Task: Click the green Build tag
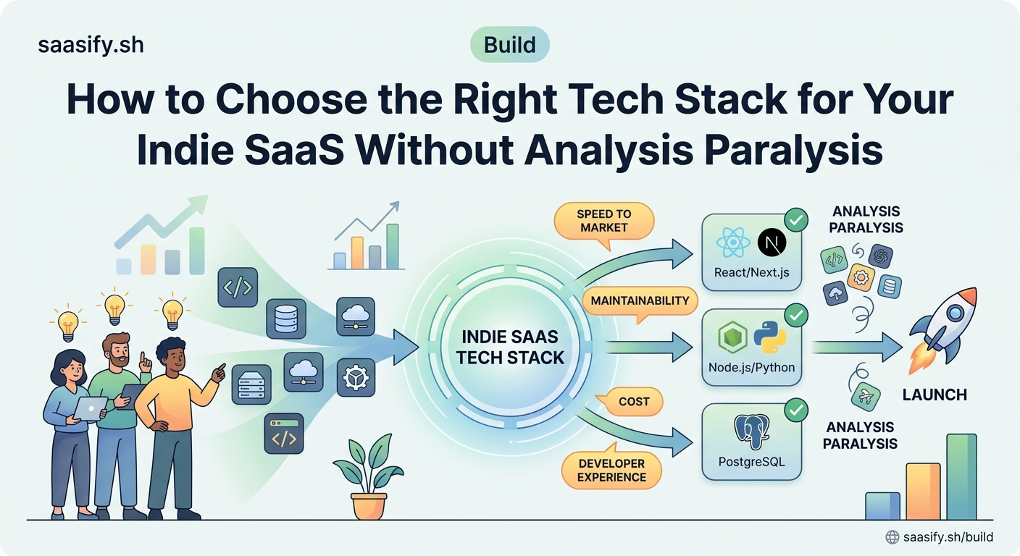pos(510,46)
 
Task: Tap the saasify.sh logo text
pos(91,45)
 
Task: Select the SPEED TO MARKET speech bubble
pos(603,221)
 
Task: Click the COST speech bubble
pos(633,401)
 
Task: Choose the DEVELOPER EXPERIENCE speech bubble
pos(611,470)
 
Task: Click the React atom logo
pos(731,244)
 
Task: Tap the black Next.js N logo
pos(772,244)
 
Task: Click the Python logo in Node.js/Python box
pos(769,339)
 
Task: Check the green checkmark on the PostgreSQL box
pos(796,411)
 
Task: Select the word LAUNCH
pos(934,395)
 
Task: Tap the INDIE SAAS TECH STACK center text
pos(510,347)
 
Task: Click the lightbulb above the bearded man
pos(114,308)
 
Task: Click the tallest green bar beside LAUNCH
pos(961,476)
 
